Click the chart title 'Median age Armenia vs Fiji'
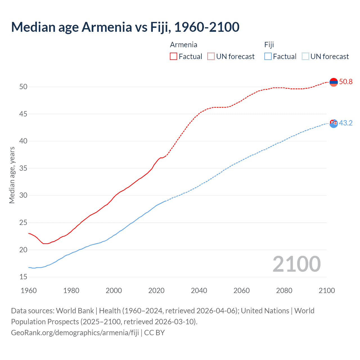coord(125,27)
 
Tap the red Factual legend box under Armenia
coord(174,57)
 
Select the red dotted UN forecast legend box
coord(211,57)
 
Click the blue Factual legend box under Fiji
coord(268,57)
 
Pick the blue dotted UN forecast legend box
coord(305,57)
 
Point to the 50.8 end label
coord(346,82)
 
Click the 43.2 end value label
coord(346,123)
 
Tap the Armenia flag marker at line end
coord(334,82)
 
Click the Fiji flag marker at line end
coord(334,123)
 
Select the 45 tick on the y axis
coord(23,114)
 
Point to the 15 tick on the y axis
coord(23,277)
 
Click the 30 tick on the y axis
coord(23,195)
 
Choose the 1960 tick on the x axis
coord(29,291)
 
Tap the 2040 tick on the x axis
coord(199,291)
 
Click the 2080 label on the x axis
coord(284,291)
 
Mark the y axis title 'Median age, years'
coord(12,175)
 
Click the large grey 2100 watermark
coord(296,264)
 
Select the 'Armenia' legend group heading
coord(183,45)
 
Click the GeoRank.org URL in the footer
coord(75,333)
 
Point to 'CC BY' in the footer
coord(154,333)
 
